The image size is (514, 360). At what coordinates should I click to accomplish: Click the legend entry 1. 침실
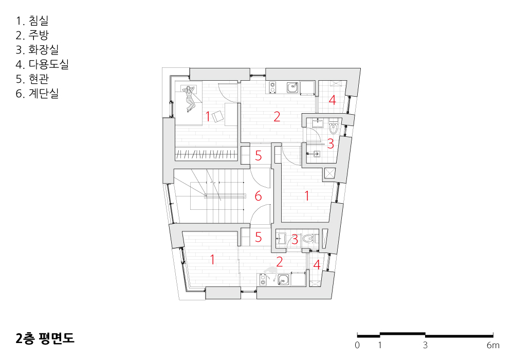point(32,21)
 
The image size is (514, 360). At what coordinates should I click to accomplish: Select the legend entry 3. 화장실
point(38,49)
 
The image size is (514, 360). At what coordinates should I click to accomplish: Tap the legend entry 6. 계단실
point(38,94)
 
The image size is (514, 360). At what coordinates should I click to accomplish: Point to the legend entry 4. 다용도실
point(42,64)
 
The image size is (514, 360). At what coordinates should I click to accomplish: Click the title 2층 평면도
point(45,338)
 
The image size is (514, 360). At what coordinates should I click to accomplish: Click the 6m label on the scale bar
point(493,345)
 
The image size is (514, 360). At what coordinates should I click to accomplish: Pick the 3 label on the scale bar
point(425,345)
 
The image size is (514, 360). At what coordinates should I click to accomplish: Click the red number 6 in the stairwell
point(259,196)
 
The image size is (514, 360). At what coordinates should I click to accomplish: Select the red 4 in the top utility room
point(332,100)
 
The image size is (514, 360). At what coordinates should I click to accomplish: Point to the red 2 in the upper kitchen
point(277,117)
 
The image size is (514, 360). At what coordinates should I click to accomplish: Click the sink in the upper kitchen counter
point(292,87)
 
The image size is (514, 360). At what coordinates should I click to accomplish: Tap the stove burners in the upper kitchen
point(272,87)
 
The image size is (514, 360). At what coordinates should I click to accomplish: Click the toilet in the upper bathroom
point(333,128)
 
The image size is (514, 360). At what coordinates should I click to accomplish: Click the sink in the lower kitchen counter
point(284,280)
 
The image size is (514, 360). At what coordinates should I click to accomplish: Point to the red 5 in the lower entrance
point(259,238)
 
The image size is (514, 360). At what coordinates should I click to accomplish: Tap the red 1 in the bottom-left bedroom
point(212,260)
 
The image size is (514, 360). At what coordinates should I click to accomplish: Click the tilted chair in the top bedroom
point(217,116)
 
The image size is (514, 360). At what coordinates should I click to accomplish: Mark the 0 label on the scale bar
point(357,345)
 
